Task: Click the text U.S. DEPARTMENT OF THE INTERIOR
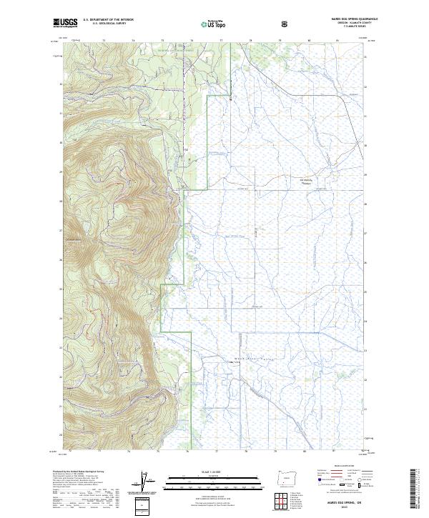[108, 21]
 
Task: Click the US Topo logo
[214, 24]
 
